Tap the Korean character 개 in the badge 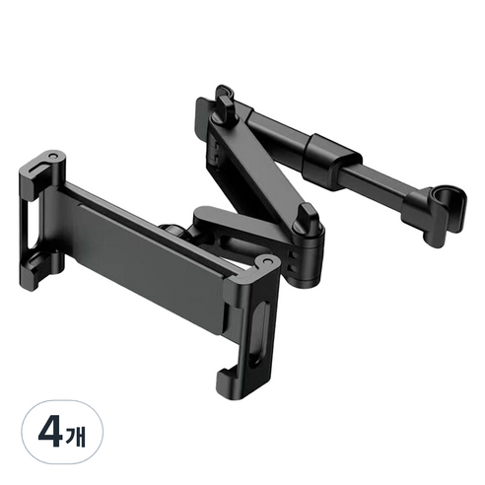tap(76, 434)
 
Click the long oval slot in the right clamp tap(258, 333)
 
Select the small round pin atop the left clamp tap(52, 158)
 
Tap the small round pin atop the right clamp tap(266, 260)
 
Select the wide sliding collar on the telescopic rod tap(332, 162)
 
